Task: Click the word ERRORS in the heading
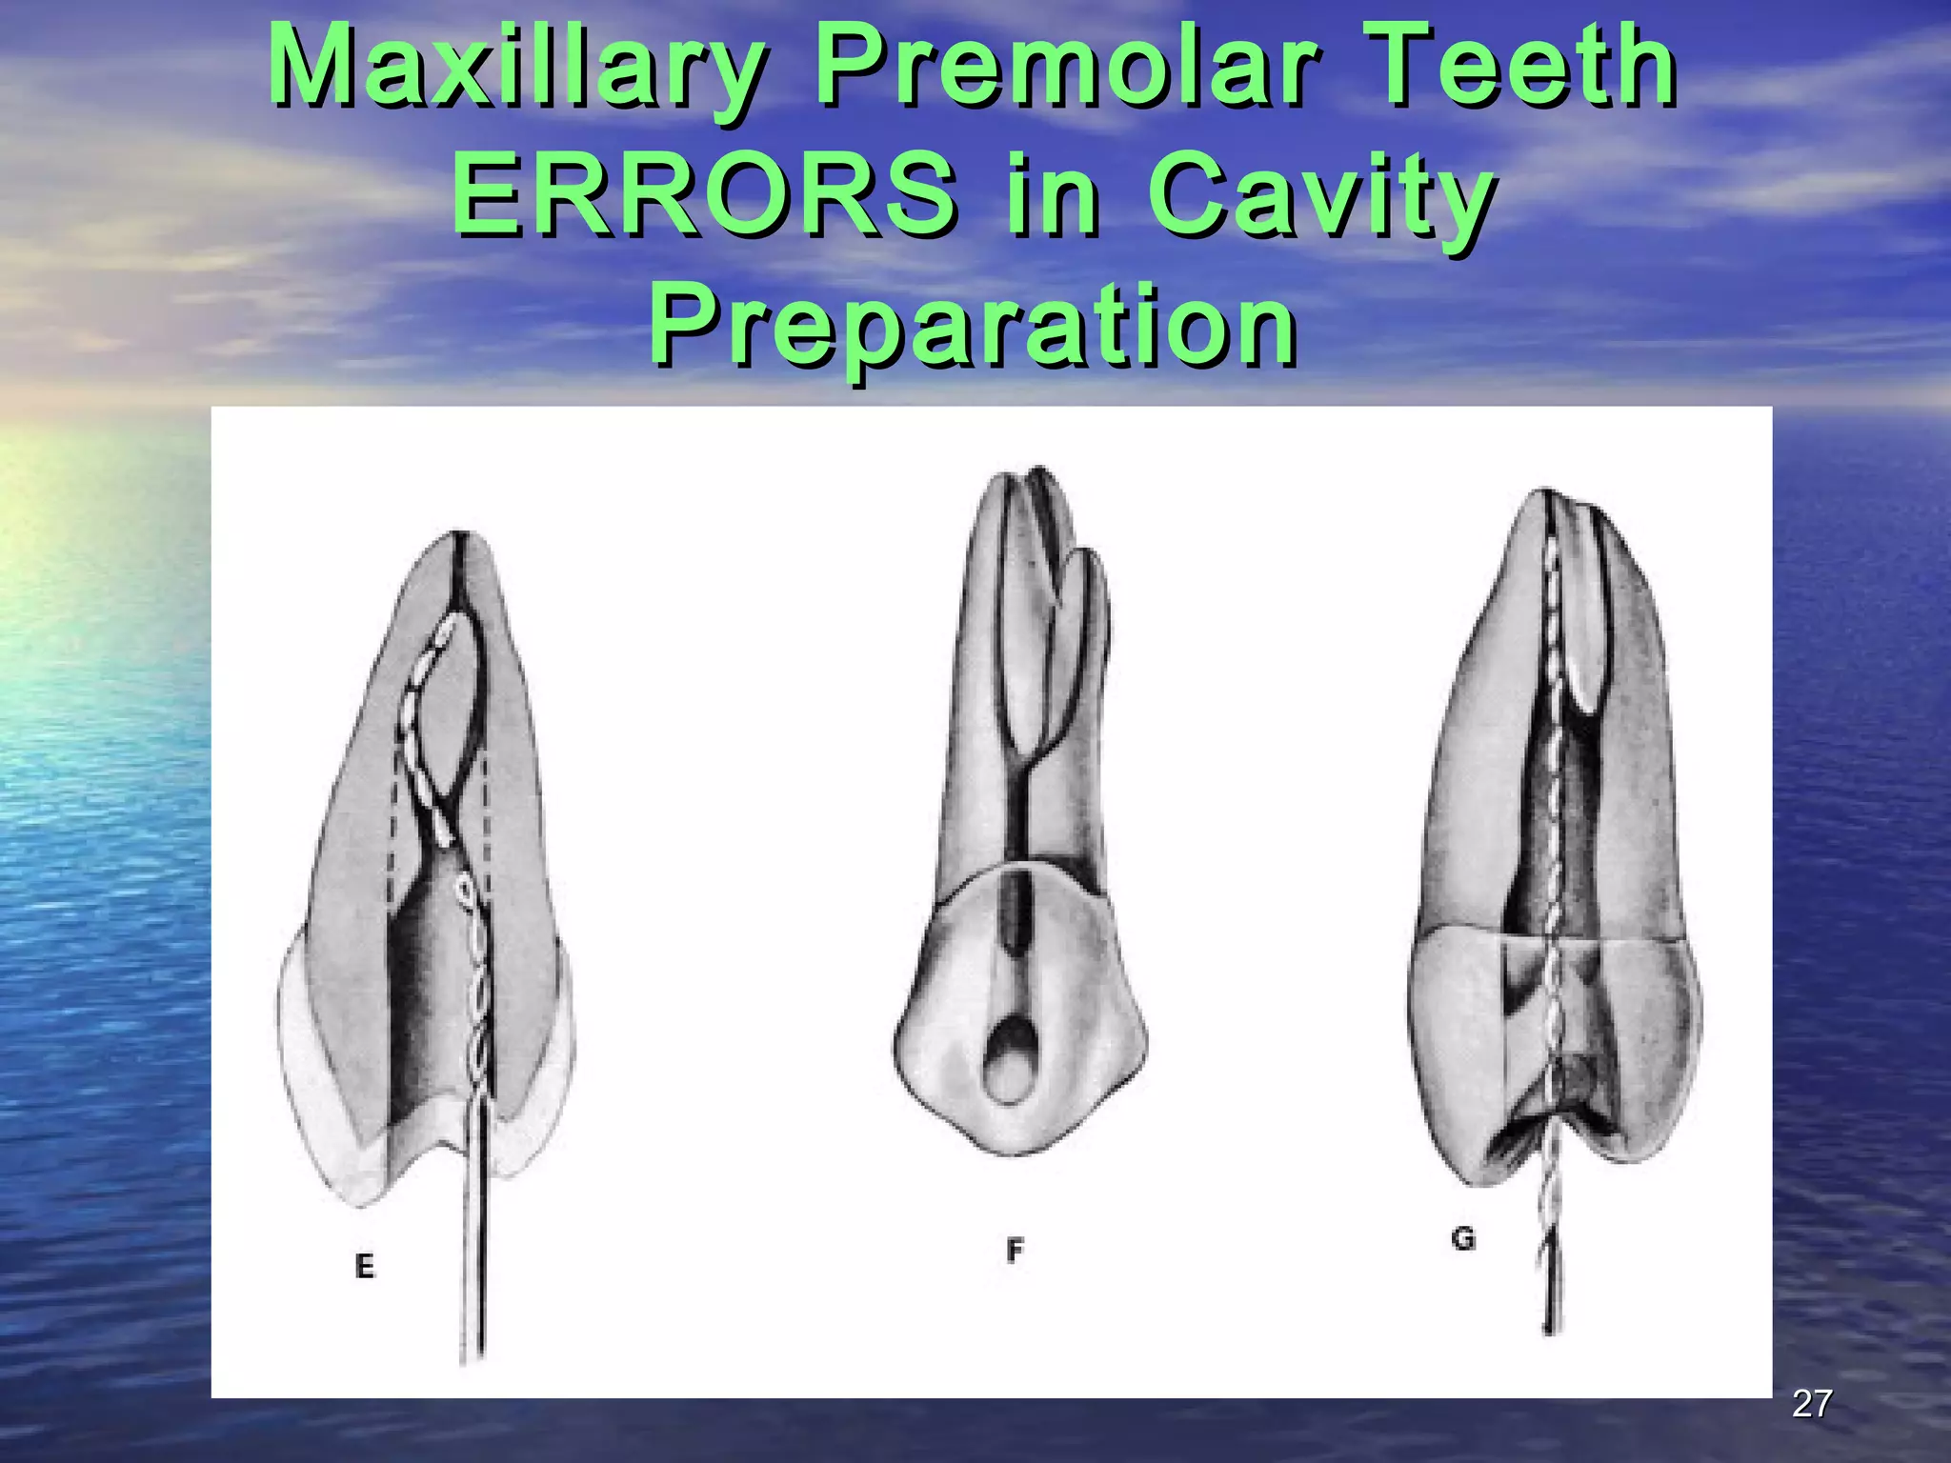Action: [705, 197]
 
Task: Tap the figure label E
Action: [364, 1266]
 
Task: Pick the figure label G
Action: [1462, 1239]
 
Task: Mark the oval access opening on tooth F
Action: [1006, 1061]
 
